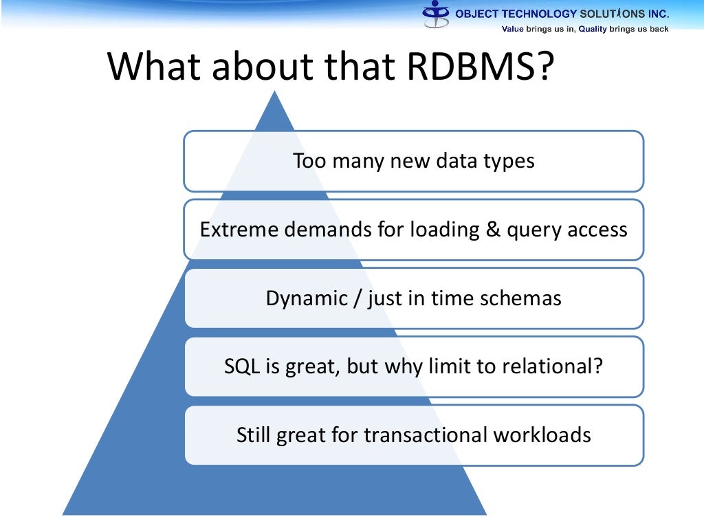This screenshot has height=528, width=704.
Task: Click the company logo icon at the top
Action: pyautogui.click(x=436, y=14)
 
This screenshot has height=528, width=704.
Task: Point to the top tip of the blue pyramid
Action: pyautogui.click(x=276, y=92)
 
